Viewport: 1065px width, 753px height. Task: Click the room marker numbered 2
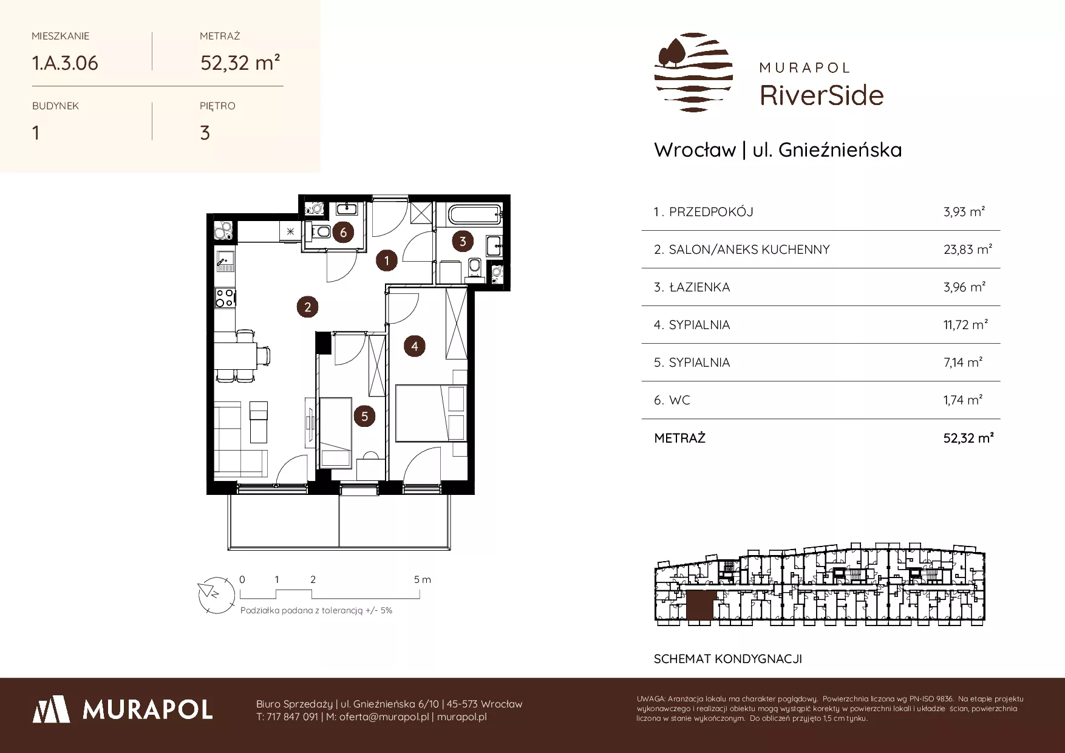[308, 307]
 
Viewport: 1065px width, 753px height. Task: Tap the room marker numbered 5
[364, 417]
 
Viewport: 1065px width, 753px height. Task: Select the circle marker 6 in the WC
[343, 233]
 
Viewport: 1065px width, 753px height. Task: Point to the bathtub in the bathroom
[473, 214]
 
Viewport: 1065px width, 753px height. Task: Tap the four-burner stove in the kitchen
[225, 297]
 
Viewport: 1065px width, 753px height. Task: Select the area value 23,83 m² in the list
[968, 249]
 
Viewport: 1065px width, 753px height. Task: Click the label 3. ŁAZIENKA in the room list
[692, 287]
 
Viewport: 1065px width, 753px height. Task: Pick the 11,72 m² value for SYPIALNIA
[965, 324]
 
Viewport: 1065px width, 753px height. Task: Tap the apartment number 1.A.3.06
[65, 63]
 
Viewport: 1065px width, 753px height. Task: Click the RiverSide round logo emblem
[693, 72]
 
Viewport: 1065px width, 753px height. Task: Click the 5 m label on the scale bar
[423, 579]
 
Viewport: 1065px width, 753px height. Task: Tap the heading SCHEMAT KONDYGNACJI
[728, 659]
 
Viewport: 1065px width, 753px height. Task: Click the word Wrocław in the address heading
[695, 150]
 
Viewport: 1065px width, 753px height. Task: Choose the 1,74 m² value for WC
[963, 400]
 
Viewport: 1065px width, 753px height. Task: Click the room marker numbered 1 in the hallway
[387, 261]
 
